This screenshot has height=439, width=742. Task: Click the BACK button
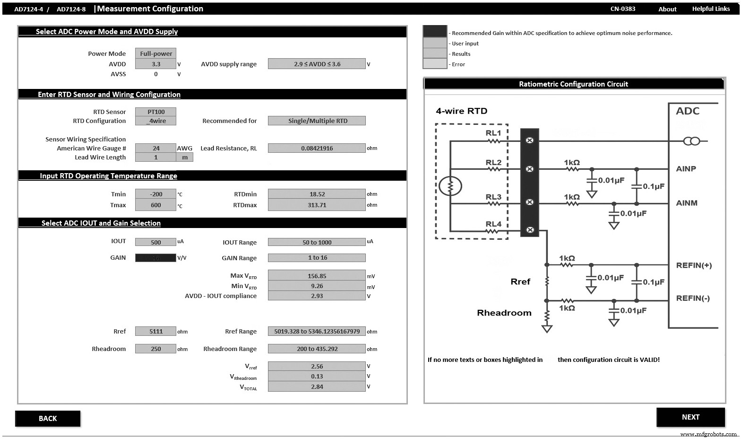coord(48,418)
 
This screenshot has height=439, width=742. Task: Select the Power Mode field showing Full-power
coord(155,53)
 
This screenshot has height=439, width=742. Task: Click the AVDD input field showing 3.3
coord(155,64)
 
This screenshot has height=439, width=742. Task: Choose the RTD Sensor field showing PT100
coord(155,112)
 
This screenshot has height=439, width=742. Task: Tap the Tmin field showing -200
coord(155,194)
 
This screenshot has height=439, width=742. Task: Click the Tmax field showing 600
coord(155,205)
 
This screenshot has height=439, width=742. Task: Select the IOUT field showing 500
coord(155,242)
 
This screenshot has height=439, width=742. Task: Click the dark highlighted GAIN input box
coord(155,258)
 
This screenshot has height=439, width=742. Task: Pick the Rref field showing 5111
coord(155,332)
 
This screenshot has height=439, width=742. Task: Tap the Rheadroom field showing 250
coord(155,349)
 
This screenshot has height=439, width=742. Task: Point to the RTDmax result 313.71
coord(317,205)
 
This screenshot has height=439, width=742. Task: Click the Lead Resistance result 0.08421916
coord(317,148)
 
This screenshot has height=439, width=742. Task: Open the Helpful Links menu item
coord(711,9)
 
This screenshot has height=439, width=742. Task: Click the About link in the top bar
coord(667,9)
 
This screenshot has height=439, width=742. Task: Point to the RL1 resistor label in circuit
coord(493,133)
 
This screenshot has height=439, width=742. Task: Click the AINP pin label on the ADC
coord(686,169)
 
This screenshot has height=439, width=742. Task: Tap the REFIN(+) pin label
coord(694,265)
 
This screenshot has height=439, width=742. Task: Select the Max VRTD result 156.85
coord(317,276)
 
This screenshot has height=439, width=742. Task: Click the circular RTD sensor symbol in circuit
coord(450,186)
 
